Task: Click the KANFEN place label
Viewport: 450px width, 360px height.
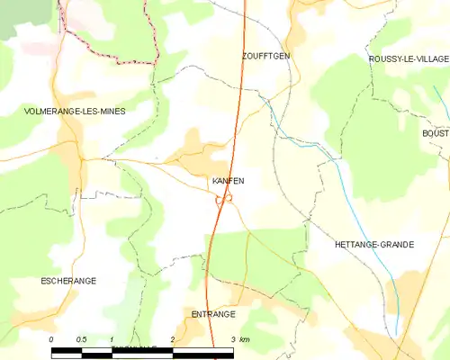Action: [x=228, y=181]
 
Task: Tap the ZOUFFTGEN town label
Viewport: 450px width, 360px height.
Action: [x=265, y=56]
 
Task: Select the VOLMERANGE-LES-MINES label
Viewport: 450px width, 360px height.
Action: [x=75, y=111]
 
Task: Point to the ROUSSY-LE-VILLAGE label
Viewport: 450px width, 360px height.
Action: [x=409, y=58]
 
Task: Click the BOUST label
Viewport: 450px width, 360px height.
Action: [x=435, y=133]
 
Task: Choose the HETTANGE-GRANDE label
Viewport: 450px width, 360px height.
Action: [x=373, y=244]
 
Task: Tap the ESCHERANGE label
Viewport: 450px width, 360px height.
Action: [x=68, y=281]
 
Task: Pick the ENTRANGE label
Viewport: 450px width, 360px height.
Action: [x=213, y=314]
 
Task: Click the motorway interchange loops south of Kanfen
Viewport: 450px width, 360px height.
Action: [x=223, y=200]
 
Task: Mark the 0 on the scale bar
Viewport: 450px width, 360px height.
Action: [x=52, y=339]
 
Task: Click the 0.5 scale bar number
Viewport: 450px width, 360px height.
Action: [x=81, y=339]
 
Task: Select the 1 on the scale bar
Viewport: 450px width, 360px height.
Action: [x=112, y=339]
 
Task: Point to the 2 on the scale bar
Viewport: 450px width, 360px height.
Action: [x=172, y=339]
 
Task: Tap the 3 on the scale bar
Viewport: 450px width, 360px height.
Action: [x=233, y=339]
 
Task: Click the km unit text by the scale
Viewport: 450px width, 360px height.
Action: [x=245, y=339]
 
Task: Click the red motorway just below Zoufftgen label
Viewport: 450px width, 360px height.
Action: [x=239, y=90]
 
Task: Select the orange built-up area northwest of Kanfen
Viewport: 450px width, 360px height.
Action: [x=193, y=144]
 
